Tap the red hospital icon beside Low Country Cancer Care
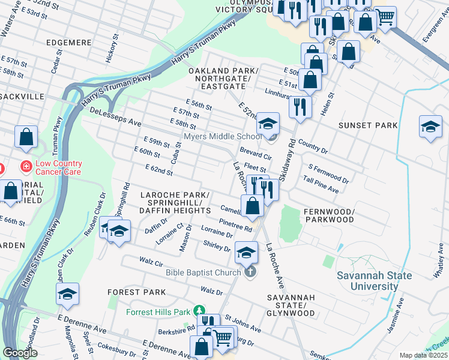26,164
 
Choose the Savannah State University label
374,281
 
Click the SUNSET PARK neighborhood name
367,125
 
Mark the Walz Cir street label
151,262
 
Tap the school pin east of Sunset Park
430,127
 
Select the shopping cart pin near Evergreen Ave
385,17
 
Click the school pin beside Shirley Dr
246,253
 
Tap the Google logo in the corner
20,353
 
